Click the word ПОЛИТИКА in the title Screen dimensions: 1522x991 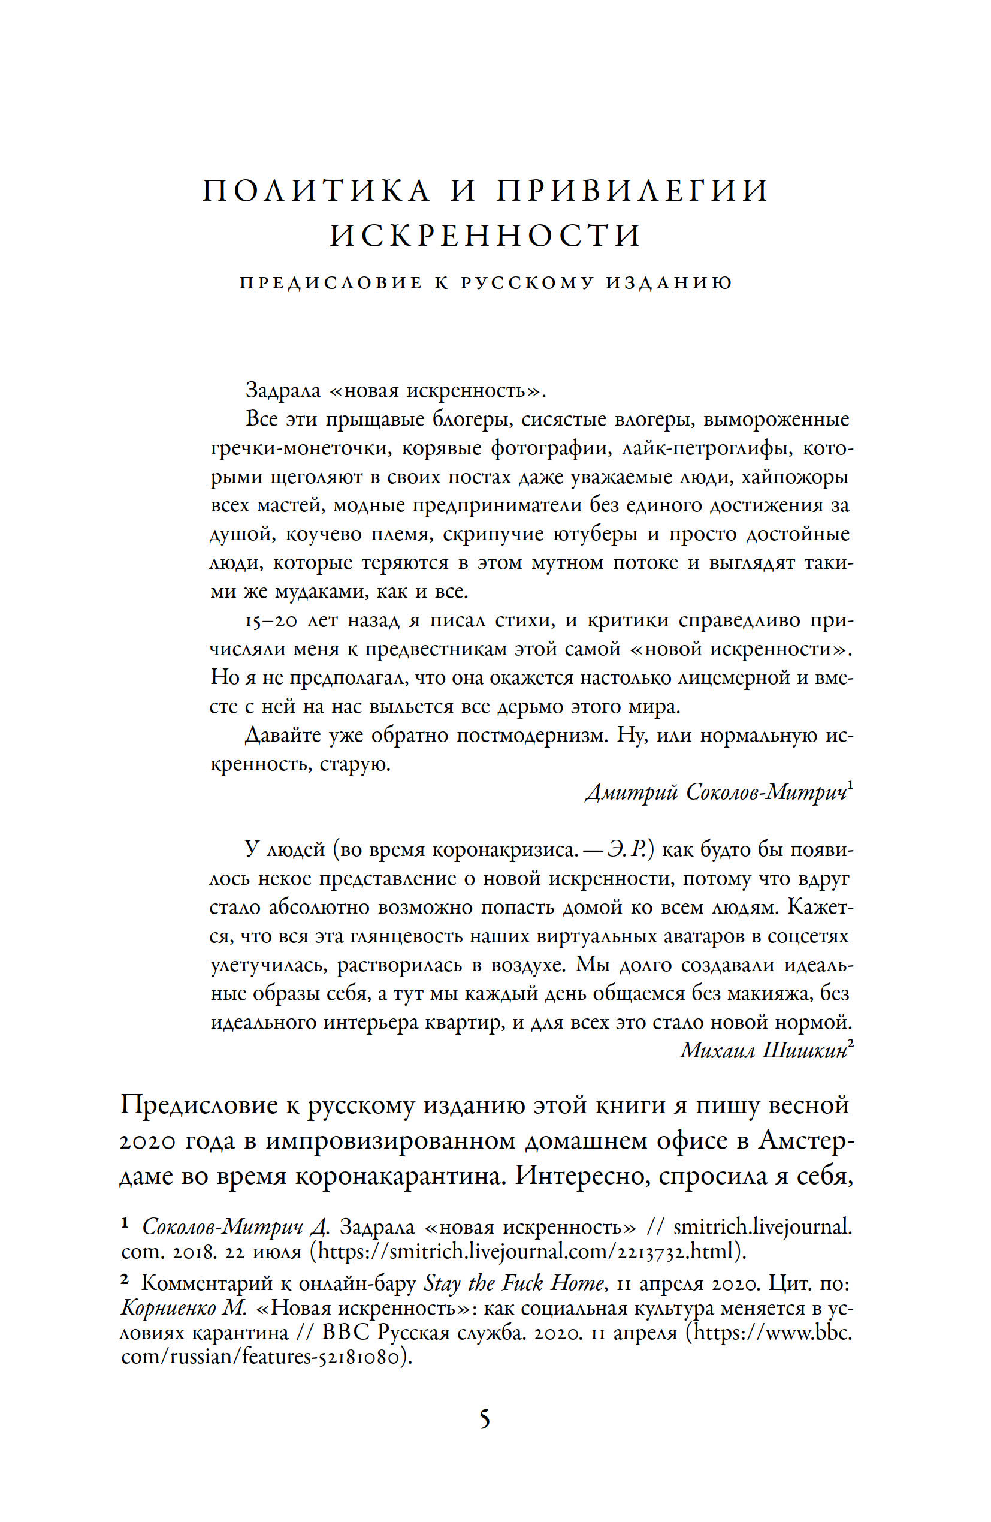tap(316, 191)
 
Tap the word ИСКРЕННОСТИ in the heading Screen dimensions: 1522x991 tap(486, 236)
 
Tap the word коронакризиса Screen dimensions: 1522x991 tap(505, 850)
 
